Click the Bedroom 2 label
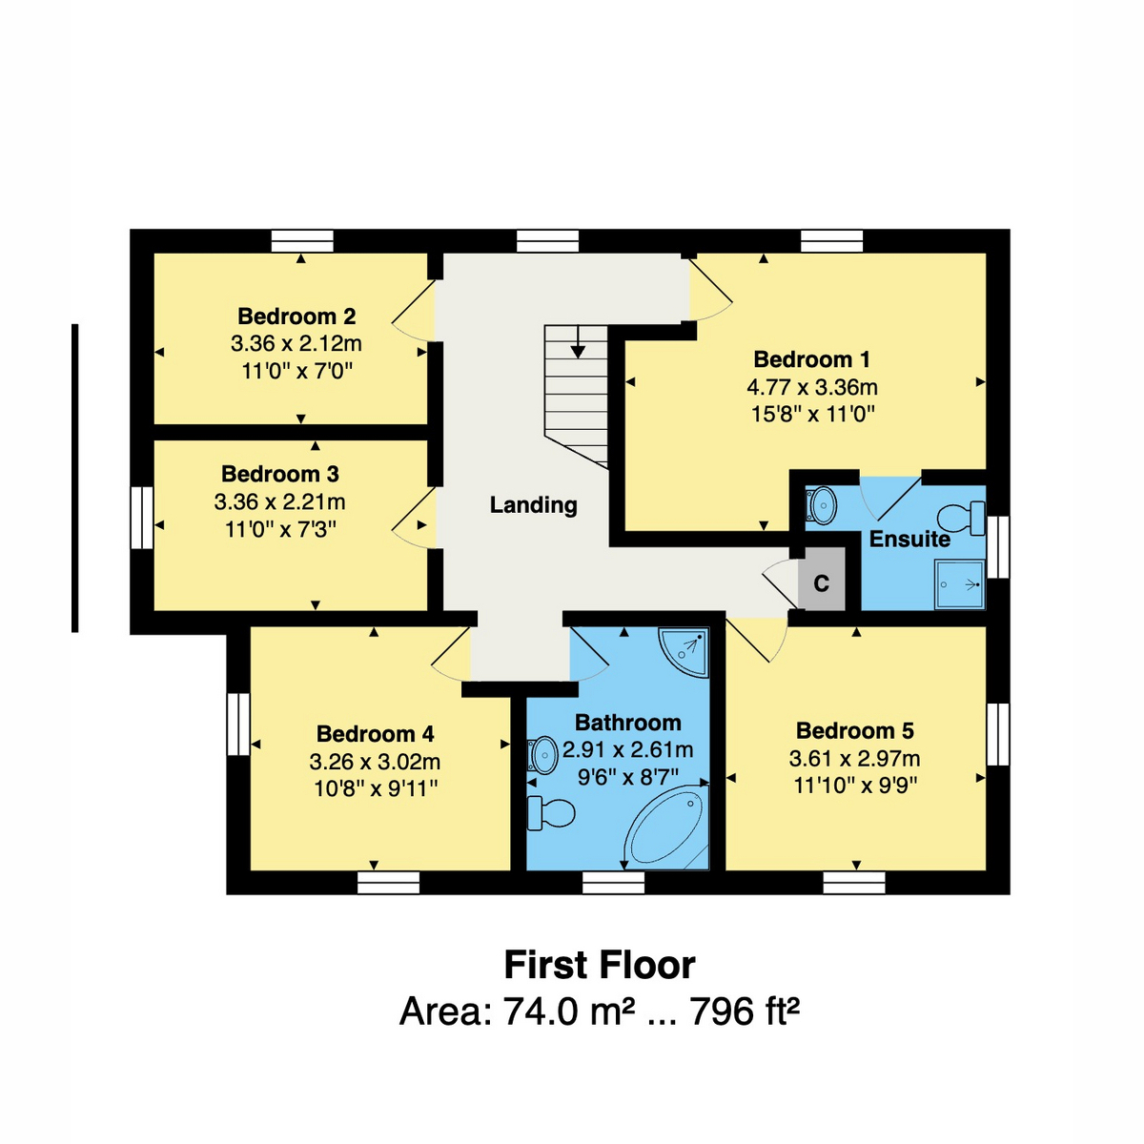point(296,317)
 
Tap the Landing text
point(533,504)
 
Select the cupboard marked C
point(821,579)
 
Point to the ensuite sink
point(821,506)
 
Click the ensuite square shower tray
point(960,584)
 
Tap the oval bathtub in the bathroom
point(666,827)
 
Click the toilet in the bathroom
point(550,813)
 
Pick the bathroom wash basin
point(541,755)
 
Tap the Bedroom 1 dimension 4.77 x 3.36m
point(811,388)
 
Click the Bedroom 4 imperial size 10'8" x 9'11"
point(376,789)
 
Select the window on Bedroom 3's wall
point(142,518)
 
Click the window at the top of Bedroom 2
point(302,241)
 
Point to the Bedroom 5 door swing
point(757,641)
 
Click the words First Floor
point(600,965)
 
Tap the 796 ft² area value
point(744,1011)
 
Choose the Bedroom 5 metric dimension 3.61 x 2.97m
point(854,758)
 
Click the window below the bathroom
point(613,882)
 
